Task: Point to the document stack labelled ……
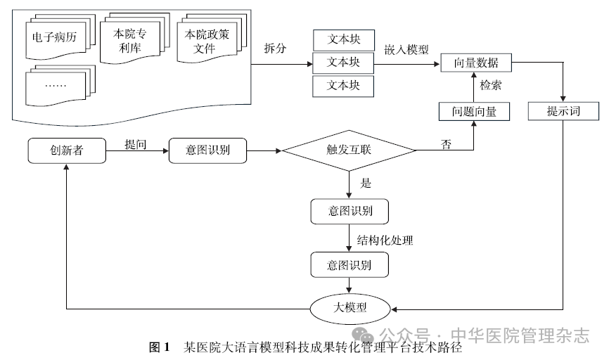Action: click(x=55, y=85)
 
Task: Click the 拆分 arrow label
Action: click(x=276, y=49)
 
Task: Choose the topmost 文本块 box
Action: click(x=343, y=39)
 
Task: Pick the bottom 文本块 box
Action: click(x=343, y=86)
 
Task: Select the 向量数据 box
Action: click(x=475, y=63)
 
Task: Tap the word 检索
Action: click(x=491, y=85)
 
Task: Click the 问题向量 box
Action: click(x=474, y=111)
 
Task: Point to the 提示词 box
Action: click(x=563, y=111)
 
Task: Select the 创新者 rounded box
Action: click(x=66, y=150)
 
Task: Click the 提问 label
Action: click(x=136, y=144)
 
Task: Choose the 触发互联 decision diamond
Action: click(x=349, y=150)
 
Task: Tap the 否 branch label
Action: click(x=446, y=144)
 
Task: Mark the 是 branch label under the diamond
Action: click(x=366, y=184)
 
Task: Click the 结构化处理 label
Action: click(x=385, y=240)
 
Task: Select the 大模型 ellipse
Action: click(x=349, y=307)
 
